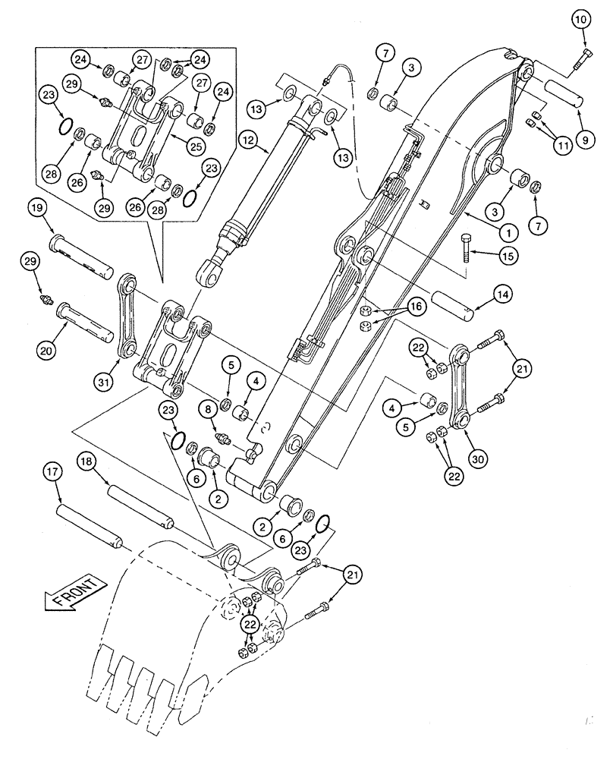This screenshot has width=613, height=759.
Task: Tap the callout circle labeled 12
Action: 247,140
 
